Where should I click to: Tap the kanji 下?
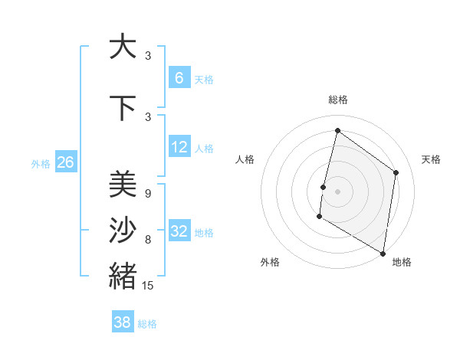click(x=123, y=108)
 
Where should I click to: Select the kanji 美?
click(x=123, y=185)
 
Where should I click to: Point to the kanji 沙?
click(x=123, y=231)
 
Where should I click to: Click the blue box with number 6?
click(x=179, y=77)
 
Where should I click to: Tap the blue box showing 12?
click(x=179, y=147)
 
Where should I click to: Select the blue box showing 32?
click(x=179, y=232)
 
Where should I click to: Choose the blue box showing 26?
click(x=66, y=162)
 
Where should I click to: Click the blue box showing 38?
click(x=123, y=322)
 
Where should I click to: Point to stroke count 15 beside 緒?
click(x=148, y=286)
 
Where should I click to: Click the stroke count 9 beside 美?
click(x=147, y=193)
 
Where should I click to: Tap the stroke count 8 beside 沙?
click(x=147, y=240)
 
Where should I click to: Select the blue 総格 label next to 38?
click(x=147, y=324)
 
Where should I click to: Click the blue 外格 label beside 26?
click(x=40, y=163)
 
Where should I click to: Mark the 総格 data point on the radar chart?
click(x=337, y=130)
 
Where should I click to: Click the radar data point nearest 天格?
click(x=396, y=172)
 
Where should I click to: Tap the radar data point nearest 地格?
click(x=383, y=253)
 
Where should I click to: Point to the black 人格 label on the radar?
click(x=245, y=159)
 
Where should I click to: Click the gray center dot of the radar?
click(x=337, y=191)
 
